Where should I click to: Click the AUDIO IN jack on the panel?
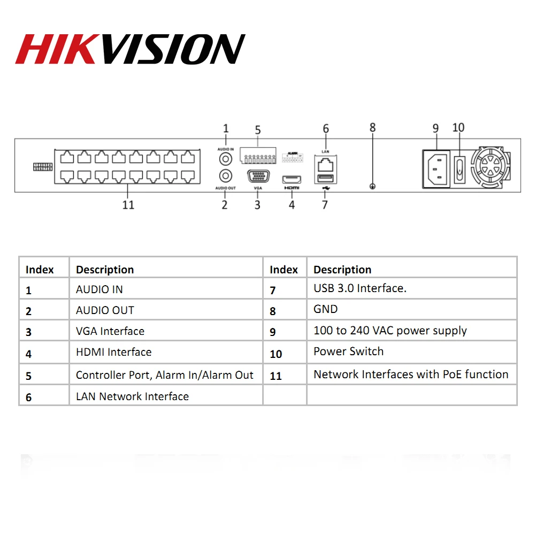[x=226, y=159]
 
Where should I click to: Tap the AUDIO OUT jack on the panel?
[x=226, y=175]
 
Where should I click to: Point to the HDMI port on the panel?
[x=292, y=179]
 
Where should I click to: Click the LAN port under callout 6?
[x=325, y=163]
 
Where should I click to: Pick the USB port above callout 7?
[x=325, y=179]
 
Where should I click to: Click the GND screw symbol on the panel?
[x=373, y=186]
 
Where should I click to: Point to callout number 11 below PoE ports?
[x=128, y=205]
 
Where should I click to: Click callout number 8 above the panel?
[x=373, y=127]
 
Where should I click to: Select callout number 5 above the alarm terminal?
[x=257, y=130]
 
